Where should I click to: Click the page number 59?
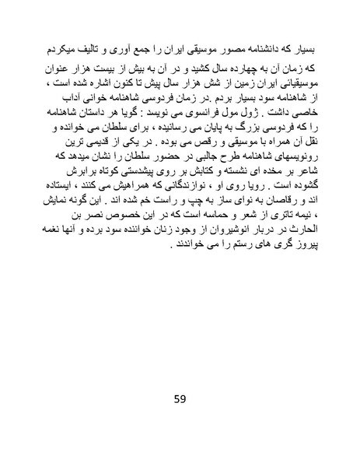pos(180,401)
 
